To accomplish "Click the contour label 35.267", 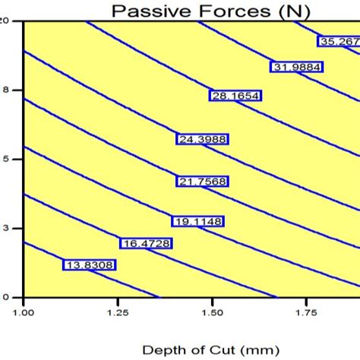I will click(339, 42).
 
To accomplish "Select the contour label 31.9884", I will click(296, 67).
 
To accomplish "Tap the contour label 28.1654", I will click(234, 95).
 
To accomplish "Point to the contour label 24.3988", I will click(202, 139).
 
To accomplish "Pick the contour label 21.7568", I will click(202, 182).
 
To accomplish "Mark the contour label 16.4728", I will click(146, 243).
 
